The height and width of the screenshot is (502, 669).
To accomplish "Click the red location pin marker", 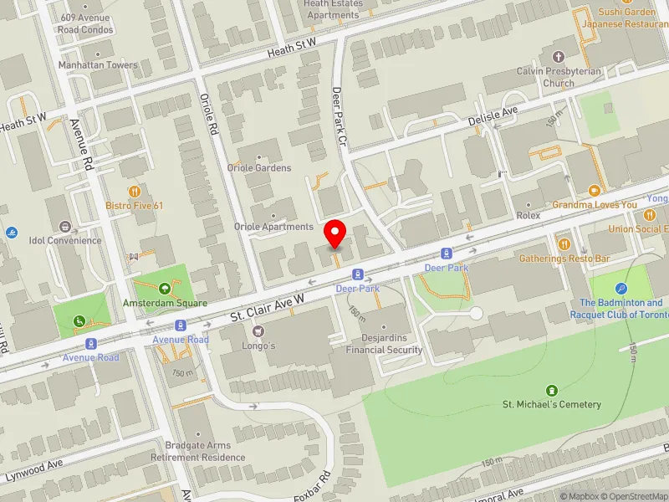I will pyautogui.click(x=335, y=233).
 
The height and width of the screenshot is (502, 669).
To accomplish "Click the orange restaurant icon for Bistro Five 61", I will pyautogui.click(x=134, y=192).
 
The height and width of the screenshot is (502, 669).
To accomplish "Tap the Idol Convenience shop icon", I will pyautogui.click(x=65, y=227).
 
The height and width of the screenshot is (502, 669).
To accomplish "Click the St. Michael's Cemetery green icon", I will pyautogui.click(x=551, y=391).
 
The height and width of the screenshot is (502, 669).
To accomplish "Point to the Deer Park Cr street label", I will pyautogui.click(x=339, y=116).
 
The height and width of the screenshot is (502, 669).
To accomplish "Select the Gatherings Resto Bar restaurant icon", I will pyautogui.click(x=563, y=243).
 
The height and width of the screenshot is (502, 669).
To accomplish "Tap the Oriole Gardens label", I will pyautogui.click(x=259, y=168).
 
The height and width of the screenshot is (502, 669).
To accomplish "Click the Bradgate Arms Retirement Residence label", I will pyautogui.click(x=198, y=452).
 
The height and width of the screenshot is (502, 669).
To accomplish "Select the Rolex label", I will pyautogui.click(x=528, y=215).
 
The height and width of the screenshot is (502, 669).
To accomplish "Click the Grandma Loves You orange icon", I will pyautogui.click(x=594, y=191).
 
